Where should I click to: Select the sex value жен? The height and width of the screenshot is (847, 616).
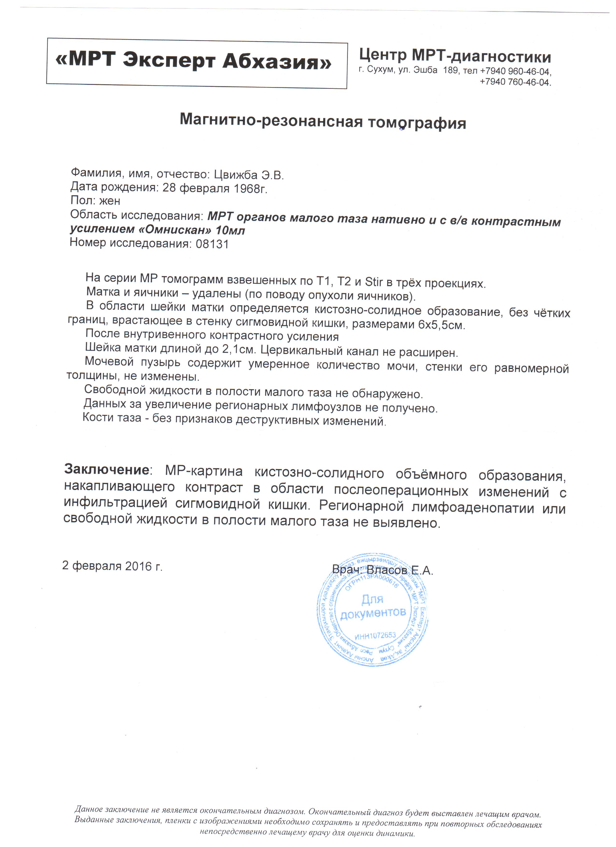[110, 202]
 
